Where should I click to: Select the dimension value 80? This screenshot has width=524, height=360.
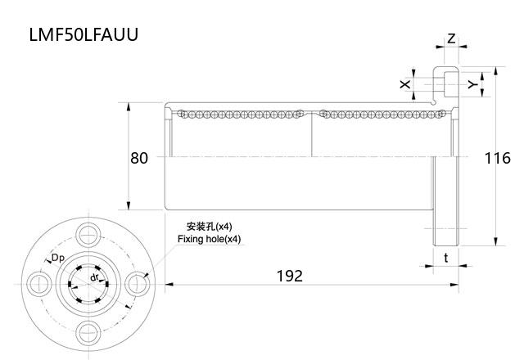coord(139,158)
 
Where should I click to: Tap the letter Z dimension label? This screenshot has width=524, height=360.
coord(451,38)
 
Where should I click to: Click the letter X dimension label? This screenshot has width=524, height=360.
coord(404,83)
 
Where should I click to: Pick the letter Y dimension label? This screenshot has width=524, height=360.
coord(471,83)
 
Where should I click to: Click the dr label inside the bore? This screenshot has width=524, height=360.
coord(95,278)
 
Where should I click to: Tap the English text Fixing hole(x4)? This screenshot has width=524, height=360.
coord(210,239)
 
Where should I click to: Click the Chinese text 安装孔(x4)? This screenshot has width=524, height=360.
coord(210,227)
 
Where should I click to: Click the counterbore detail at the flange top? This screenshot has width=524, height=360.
coord(446,83)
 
